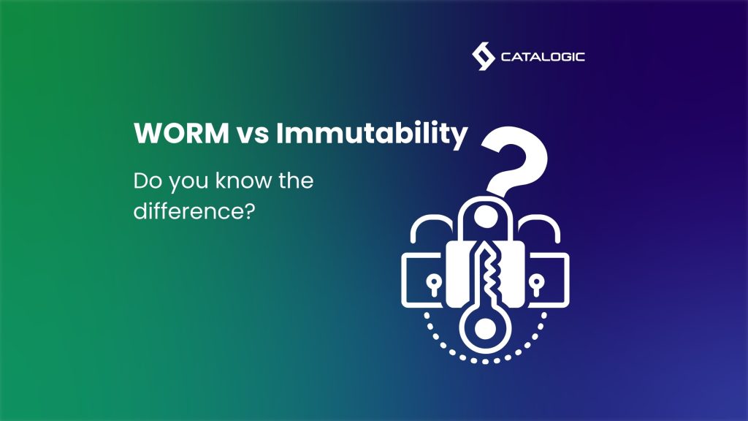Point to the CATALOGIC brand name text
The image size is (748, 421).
coord(543,57)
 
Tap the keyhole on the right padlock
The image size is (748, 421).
coord(538,283)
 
